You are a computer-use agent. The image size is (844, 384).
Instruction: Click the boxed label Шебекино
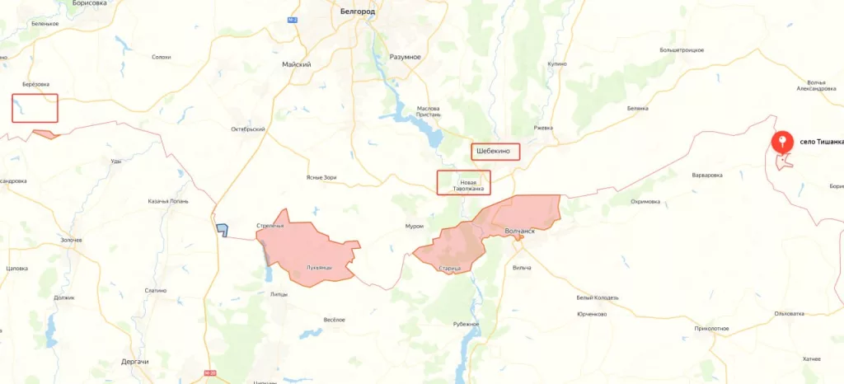(x=496, y=152)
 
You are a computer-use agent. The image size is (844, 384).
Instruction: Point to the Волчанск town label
(x=519, y=232)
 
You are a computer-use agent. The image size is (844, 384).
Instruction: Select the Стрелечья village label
(x=270, y=225)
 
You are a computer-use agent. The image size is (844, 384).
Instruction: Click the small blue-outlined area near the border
(x=222, y=231)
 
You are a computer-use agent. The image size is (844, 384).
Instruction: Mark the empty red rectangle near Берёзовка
(x=35, y=109)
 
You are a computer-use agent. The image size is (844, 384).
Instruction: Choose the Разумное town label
(x=405, y=57)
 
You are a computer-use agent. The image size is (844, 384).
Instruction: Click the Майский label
(x=296, y=64)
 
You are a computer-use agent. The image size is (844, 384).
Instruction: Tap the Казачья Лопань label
(x=168, y=201)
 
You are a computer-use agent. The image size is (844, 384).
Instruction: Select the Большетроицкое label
(x=681, y=50)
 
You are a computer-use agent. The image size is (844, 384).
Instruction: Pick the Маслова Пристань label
(x=429, y=112)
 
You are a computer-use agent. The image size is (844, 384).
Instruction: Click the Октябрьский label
(x=247, y=129)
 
